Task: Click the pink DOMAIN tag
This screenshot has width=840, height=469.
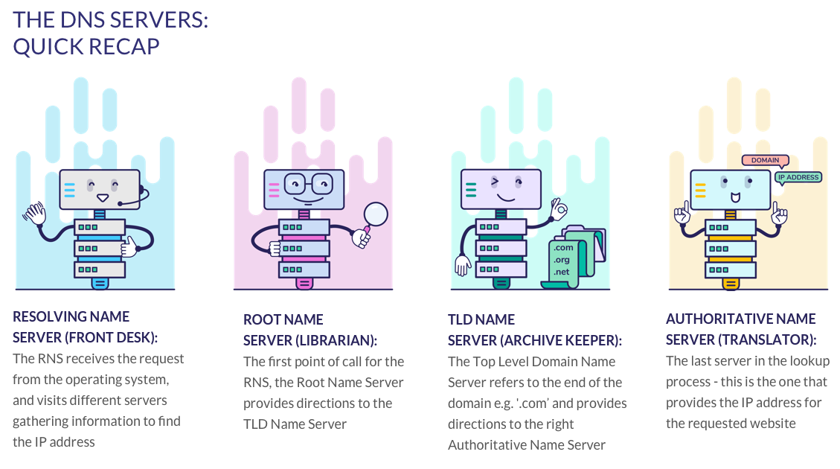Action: coord(766,160)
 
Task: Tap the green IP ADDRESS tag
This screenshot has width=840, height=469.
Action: coord(798,177)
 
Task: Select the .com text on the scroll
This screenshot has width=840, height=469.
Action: coord(563,247)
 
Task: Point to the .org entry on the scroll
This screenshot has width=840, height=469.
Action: coord(562,260)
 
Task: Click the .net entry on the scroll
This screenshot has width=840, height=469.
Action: coord(562,273)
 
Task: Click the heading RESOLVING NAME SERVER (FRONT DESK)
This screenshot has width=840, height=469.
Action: coord(86,326)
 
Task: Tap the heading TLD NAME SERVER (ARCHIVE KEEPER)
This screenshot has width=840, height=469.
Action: coord(534,330)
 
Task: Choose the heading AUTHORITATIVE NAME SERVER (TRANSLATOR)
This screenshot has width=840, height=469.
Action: coord(741,328)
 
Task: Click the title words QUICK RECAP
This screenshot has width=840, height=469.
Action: coord(86,46)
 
